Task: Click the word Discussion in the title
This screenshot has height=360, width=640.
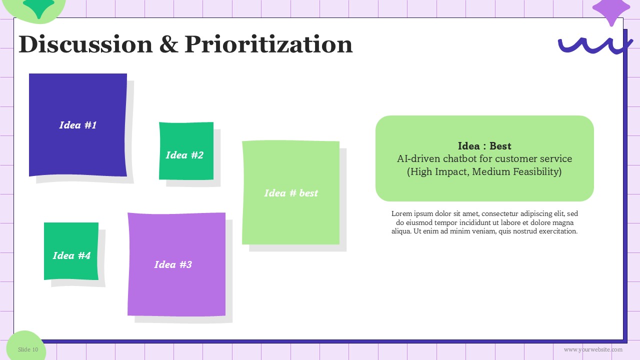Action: (85, 44)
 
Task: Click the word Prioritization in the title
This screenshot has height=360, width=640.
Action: (268, 44)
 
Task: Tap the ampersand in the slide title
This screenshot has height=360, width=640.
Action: (169, 44)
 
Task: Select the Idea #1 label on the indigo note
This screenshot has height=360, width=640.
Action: (78, 125)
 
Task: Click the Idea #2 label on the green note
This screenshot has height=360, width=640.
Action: (184, 155)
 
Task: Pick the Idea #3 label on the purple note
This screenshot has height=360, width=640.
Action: (173, 264)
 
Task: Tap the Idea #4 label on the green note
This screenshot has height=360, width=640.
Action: (71, 255)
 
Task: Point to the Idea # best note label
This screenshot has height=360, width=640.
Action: (291, 193)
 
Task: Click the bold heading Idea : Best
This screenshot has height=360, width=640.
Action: (484, 146)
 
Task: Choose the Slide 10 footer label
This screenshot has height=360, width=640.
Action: (28, 349)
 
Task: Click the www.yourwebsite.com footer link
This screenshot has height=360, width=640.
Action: (593, 349)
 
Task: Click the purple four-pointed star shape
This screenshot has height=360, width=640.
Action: (611, 9)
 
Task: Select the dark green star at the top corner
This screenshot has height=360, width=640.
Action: (38, 7)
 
